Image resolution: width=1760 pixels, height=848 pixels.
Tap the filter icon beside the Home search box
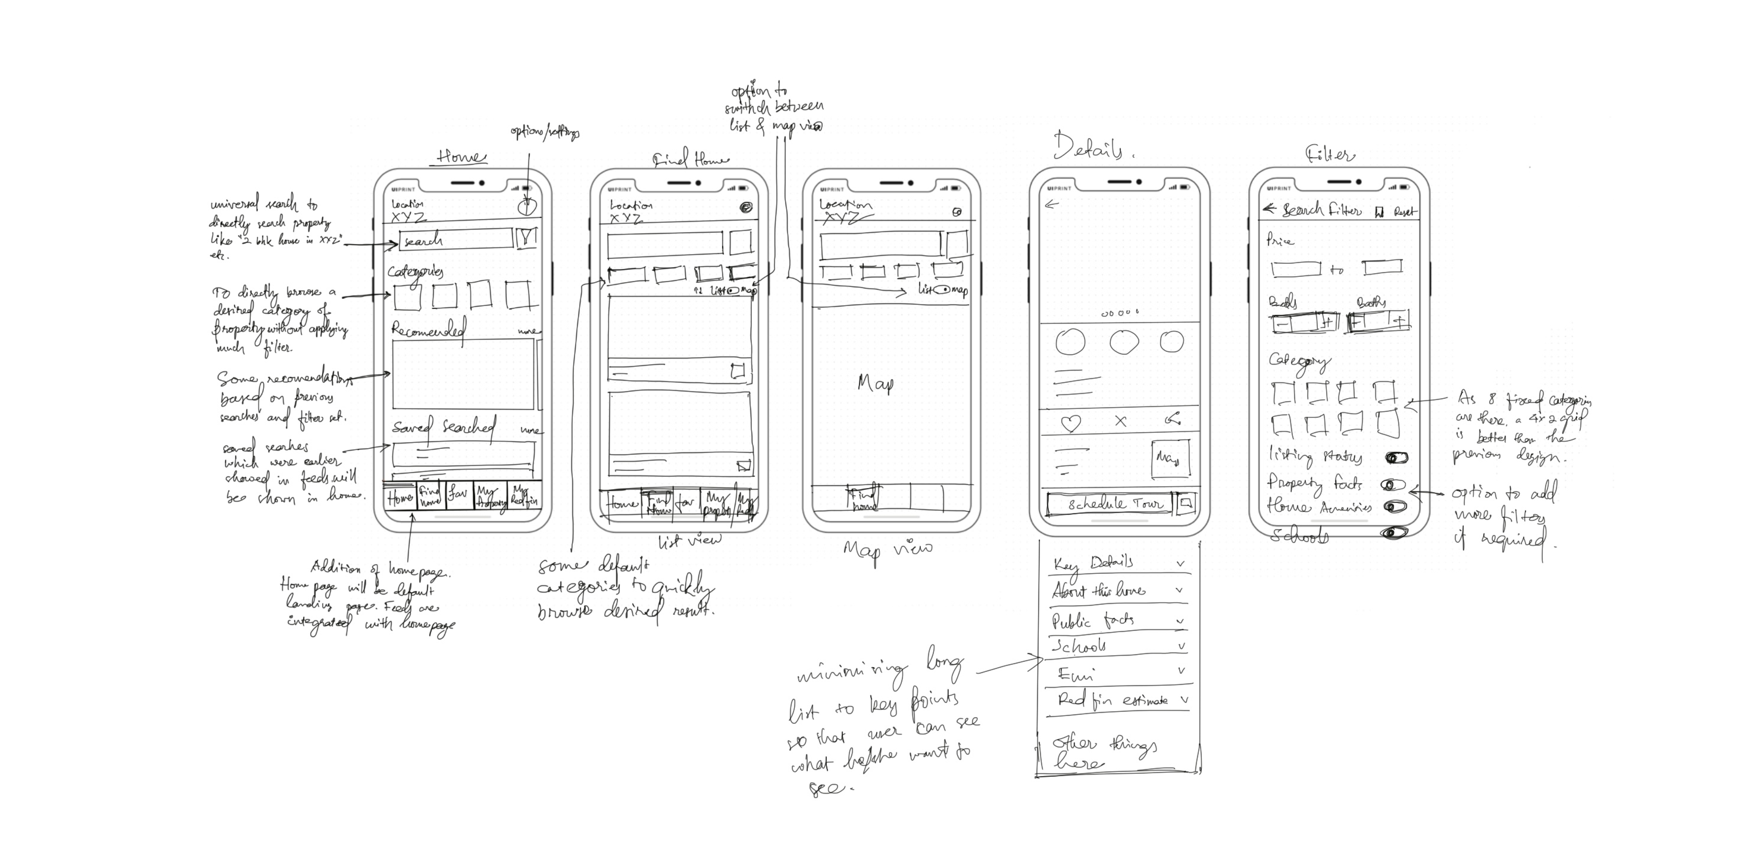[x=527, y=238]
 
